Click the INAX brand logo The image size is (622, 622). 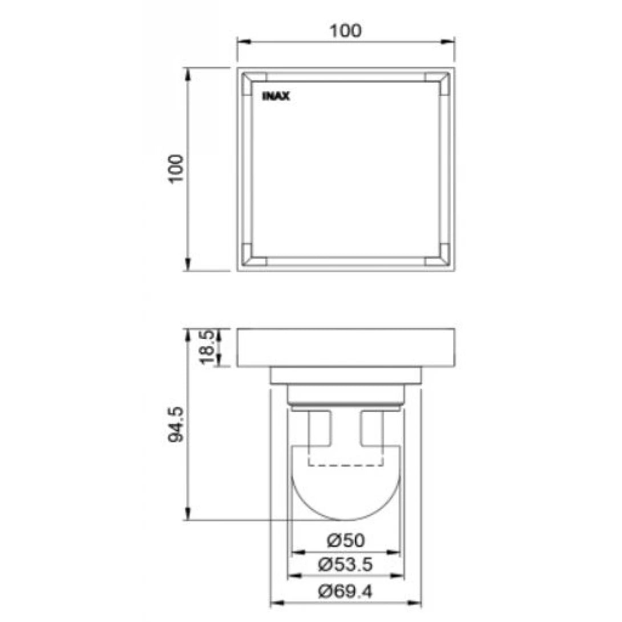[x=276, y=97]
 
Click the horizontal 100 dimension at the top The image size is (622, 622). [x=346, y=31]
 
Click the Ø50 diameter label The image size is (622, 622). [x=346, y=540]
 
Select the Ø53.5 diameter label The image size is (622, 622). [x=346, y=565]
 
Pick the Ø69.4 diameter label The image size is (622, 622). [x=346, y=591]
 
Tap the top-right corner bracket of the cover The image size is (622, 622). [x=438, y=83]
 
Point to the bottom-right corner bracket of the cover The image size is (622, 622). [x=438, y=255]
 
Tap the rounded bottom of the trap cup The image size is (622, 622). [x=345, y=502]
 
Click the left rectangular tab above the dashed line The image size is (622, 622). [x=320, y=428]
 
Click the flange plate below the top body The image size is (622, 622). [x=345, y=375]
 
